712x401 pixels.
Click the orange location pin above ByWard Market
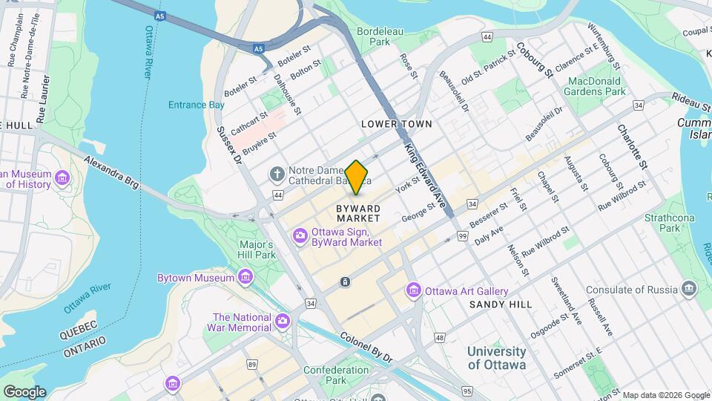pyautogui.click(x=357, y=177)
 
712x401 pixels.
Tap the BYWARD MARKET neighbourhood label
pyautogui.click(x=358, y=213)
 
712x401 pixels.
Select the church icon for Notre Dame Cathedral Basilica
pyautogui.click(x=277, y=174)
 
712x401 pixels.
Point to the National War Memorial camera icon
pyautogui.click(x=282, y=322)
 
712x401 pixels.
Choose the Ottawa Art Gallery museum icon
pyautogui.click(x=414, y=291)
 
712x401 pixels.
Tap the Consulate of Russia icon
pyautogui.click(x=690, y=289)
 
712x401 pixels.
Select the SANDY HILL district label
pyautogui.click(x=501, y=304)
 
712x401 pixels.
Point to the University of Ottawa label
pyautogui.click(x=497, y=358)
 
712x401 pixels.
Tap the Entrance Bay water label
pyautogui.click(x=196, y=105)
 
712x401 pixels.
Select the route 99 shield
pyautogui.click(x=461, y=235)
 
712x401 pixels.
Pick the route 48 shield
pyautogui.click(x=440, y=338)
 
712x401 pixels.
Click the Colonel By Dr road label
pyautogui.click(x=366, y=347)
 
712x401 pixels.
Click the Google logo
pyautogui.click(x=24, y=391)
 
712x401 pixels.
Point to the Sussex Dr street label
pyautogui.click(x=228, y=145)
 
